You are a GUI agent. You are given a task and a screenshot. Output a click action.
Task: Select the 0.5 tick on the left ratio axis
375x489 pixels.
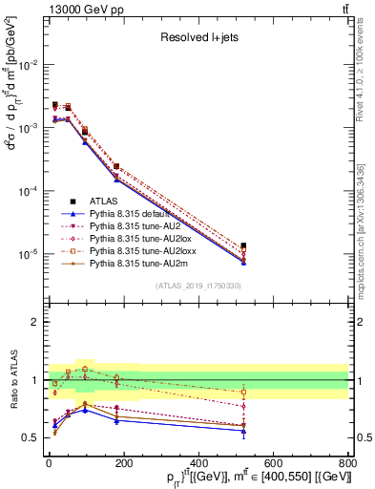(31, 438)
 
